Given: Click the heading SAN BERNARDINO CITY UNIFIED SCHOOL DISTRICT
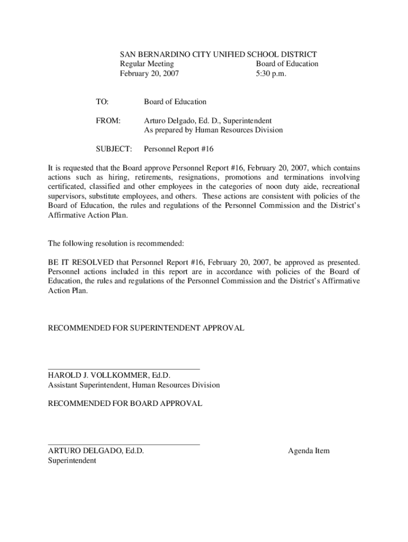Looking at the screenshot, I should pyautogui.click(x=218, y=55).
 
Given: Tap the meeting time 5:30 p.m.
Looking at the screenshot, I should pyautogui.click(x=271, y=74).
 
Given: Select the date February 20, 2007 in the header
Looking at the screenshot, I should pyautogui.click(x=149, y=74).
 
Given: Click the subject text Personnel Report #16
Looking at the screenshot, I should pyautogui.click(x=179, y=149).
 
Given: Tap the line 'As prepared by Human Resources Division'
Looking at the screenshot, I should pyautogui.click(x=214, y=130).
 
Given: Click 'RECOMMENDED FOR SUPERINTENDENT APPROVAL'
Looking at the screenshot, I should pyautogui.click(x=146, y=328).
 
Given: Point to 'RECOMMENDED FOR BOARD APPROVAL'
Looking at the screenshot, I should pyautogui.click(x=125, y=403).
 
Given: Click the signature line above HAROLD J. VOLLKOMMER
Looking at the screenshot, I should pyautogui.click(x=124, y=368).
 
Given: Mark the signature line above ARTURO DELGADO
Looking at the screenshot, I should pyautogui.click(x=124, y=445).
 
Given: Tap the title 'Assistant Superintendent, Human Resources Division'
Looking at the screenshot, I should pyautogui.click(x=134, y=385).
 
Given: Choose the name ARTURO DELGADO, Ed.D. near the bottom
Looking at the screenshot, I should pyautogui.click(x=96, y=451).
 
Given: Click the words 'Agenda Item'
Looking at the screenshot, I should pyautogui.click(x=308, y=451).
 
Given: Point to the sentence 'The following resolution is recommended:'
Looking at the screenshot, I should pyautogui.click(x=116, y=243).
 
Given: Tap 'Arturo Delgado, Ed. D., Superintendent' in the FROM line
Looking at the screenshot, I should pyautogui.click(x=208, y=121).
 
